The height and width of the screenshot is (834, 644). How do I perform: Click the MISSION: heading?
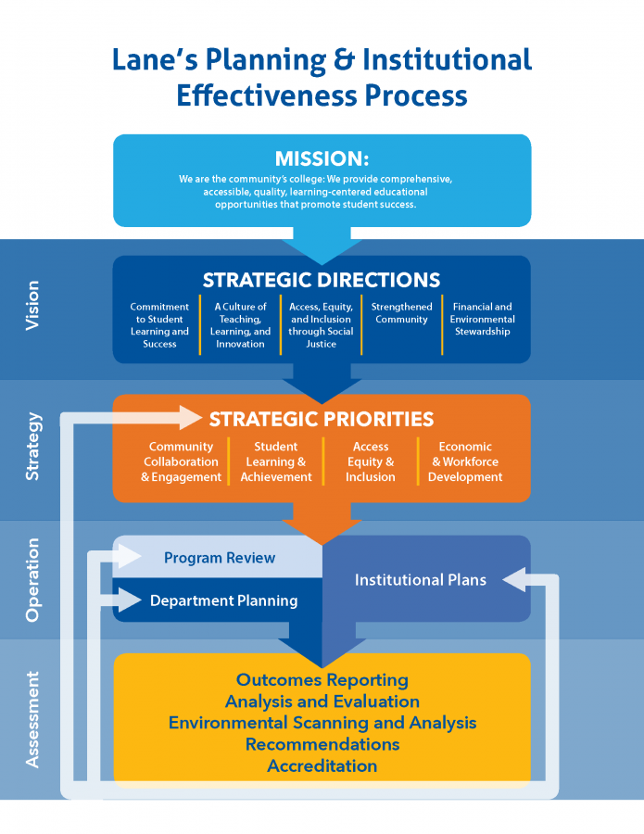coord(322,158)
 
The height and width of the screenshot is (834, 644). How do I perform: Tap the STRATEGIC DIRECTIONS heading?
coord(322,280)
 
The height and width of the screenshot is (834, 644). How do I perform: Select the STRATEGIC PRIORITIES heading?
coord(322,420)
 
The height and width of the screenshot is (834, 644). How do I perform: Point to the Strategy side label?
coord(33,447)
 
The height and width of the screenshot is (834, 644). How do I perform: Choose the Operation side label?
coord(33,579)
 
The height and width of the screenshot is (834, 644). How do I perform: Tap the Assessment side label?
coord(33,719)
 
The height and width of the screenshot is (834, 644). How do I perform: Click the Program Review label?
coord(220,558)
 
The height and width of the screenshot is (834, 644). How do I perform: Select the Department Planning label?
coord(223,600)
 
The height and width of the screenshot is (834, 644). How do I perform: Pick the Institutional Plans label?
coord(420,580)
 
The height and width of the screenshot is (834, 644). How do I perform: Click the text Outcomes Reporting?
coord(322,680)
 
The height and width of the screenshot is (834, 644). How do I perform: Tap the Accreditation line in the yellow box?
coord(322,766)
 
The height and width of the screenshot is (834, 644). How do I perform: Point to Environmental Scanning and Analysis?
coord(322,723)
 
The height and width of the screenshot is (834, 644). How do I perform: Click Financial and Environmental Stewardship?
coord(482,319)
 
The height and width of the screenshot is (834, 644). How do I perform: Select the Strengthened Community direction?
coord(401,313)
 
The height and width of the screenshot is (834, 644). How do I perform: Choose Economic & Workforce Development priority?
coord(465,461)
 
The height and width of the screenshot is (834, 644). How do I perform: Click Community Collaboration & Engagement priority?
coord(182,461)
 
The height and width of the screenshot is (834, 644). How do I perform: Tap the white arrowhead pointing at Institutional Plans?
coord(513,580)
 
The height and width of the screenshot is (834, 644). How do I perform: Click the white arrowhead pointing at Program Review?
coord(129,557)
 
